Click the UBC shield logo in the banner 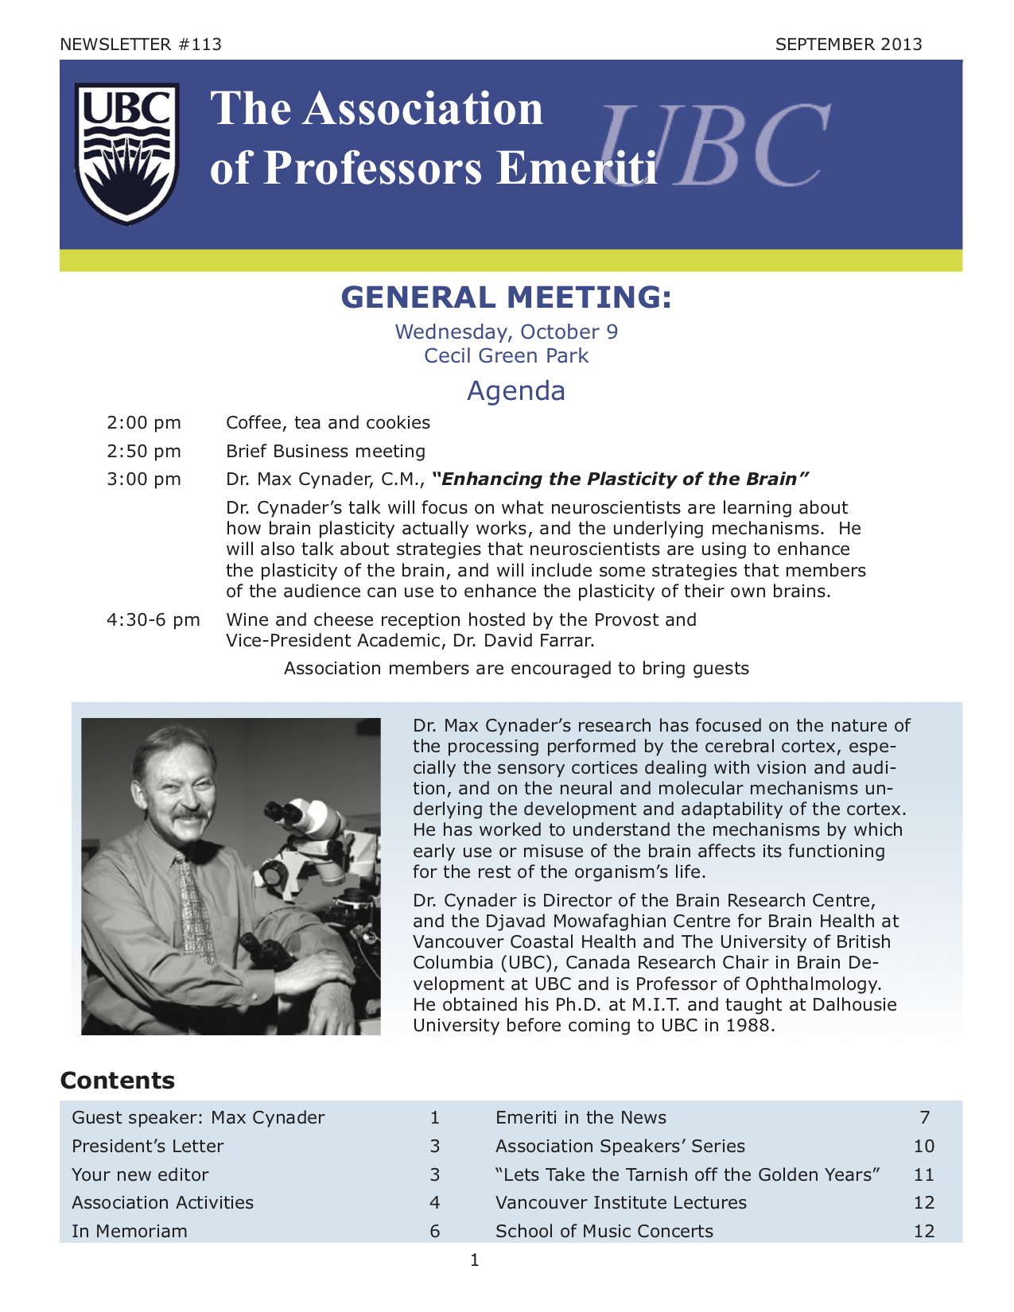tap(126, 154)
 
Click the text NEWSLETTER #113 tap(141, 45)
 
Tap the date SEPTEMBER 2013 tap(849, 45)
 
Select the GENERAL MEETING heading tap(507, 297)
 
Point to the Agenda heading tap(515, 390)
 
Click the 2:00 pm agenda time tap(144, 423)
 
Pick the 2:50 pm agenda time tap(144, 452)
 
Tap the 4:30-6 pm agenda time tap(153, 620)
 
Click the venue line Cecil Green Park tap(507, 355)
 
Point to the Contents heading tap(118, 1081)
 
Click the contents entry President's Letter tap(148, 1147)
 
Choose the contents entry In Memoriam tap(130, 1232)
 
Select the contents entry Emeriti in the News tap(581, 1118)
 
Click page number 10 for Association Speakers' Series tap(923, 1147)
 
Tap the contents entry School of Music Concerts tap(604, 1232)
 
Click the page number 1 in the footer tap(475, 1260)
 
